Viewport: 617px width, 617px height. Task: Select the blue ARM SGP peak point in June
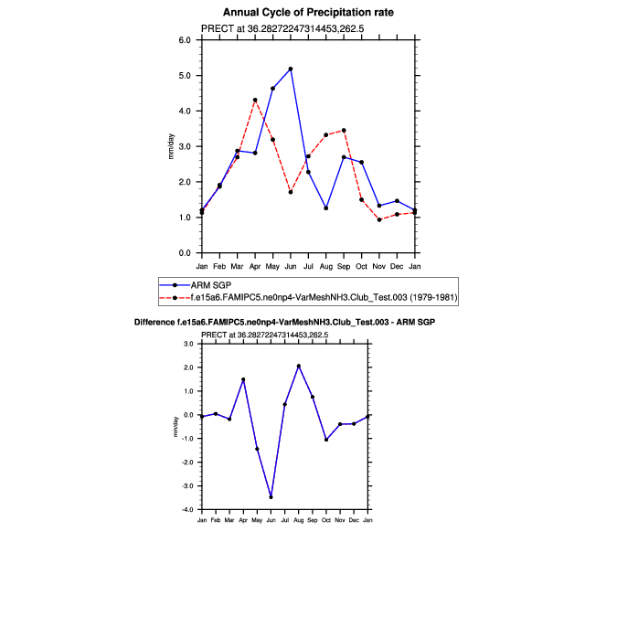click(x=290, y=69)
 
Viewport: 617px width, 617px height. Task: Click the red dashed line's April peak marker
click(x=255, y=100)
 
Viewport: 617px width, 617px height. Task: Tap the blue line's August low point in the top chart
click(x=325, y=208)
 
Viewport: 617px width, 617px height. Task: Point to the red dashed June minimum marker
click(x=290, y=192)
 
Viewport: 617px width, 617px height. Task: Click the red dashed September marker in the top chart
click(x=344, y=130)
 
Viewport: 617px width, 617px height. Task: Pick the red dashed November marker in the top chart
click(x=379, y=219)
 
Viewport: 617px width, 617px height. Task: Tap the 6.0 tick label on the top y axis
click(x=184, y=40)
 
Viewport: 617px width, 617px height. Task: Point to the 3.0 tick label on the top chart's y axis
click(x=184, y=146)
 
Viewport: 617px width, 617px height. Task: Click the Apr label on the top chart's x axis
click(x=255, y=266)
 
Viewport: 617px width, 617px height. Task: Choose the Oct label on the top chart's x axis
click(x=361, y=266)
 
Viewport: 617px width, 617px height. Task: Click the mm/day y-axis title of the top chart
click(x=171, y=146)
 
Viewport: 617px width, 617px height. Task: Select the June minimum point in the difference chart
click(x=271, y=496)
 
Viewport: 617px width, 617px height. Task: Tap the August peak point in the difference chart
click(x=299, y=366)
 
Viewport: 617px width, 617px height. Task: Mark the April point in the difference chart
click(x=243, y=379)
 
